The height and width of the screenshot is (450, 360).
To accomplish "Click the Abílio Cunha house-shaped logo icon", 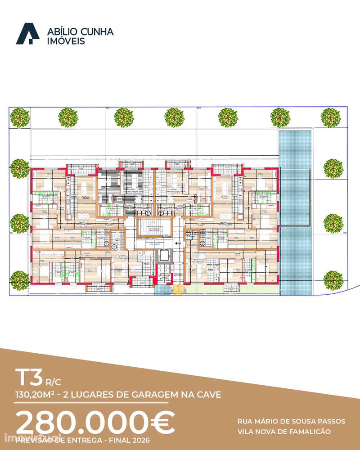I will [x=28, y=34].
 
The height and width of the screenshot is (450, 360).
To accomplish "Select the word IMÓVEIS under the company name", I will [x=66, y=41].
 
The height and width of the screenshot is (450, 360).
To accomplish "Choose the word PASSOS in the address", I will [x=331, y=422].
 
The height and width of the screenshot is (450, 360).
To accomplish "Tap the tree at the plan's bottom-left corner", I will [x=20, y=279].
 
